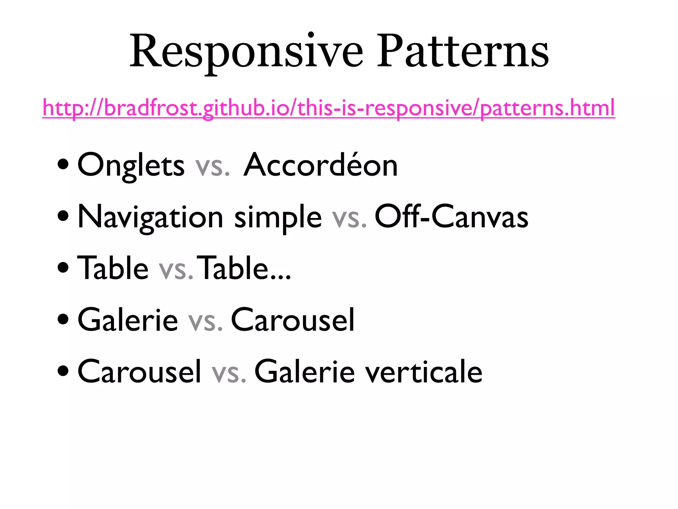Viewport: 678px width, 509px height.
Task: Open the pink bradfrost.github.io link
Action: click(328, 108)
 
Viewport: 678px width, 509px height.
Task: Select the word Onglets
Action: click(131, 166)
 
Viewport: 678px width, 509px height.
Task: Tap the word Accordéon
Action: click(320, 166)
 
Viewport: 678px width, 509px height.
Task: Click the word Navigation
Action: click(150, 217)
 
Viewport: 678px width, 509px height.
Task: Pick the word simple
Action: click(278, 217)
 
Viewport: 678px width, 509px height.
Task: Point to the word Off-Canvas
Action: click(451, 217)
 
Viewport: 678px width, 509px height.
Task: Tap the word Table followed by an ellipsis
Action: click(245, 268)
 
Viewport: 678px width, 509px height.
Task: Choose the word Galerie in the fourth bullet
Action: click(128, 320)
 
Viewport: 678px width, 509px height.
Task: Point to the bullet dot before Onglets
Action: click(63, 164)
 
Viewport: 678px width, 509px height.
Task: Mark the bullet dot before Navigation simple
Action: click(63, 216)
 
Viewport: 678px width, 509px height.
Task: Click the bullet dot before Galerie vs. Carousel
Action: click(63, 319)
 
